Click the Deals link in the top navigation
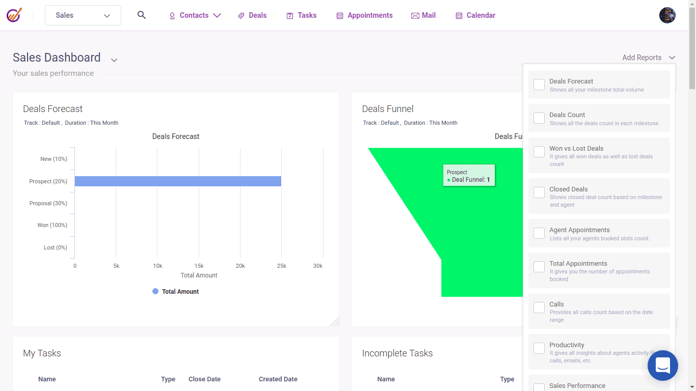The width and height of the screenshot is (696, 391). pos(252,15)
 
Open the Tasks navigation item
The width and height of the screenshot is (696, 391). pos(302,15)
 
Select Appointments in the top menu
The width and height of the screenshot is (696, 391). pos(365,15)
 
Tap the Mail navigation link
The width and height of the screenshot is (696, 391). pos(423,15)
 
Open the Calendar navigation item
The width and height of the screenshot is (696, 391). pos(475,15)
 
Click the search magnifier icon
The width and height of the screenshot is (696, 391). pos(142,15)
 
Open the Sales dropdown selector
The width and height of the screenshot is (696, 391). pos(83,15)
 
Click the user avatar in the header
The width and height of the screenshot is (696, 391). pos(667,15)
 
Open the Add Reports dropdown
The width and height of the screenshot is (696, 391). pos(649,58)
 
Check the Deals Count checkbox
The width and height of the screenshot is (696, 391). pos(539,118)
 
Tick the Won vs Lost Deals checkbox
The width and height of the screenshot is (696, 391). pos(539,152)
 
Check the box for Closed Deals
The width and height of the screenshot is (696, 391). pos(539,192)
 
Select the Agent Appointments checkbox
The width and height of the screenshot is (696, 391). pos(539,233)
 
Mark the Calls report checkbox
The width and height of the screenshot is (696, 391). pos(539,308)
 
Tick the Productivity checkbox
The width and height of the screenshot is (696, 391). pos(539,348)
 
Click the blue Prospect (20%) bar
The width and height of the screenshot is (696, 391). pos(178,181)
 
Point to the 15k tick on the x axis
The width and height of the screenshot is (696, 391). pos(199,266)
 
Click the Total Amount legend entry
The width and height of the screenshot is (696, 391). pos(176,292)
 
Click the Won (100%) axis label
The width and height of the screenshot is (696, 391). pos(52,225)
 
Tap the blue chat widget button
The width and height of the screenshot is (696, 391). pos(663,366)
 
